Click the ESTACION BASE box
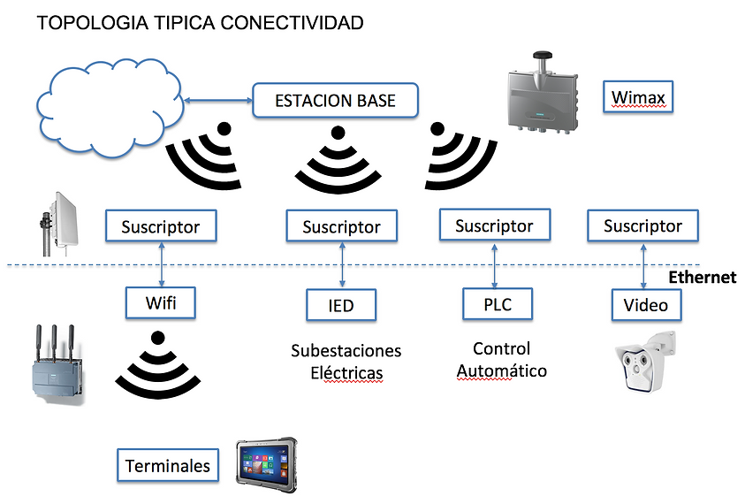tap(335, 100)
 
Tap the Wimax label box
tap(637, 97)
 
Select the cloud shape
tap(110, 108)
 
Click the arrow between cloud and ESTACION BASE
tap(218, 100)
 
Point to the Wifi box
tap(161, 303)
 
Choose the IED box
tap(341, 305)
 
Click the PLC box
tap(498, 304)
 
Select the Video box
tap(646, 305)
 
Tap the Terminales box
tap(168, 465)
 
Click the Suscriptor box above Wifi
tap(161, 226)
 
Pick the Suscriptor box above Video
tap(642, 225)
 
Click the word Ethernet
tap(703, 278)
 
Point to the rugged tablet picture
tap(267, 465)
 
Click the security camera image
tap(645, 361)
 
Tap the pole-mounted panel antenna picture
tap(59, 224)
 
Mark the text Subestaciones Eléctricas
tap(346, 362)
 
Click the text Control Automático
tap(502, 360)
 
